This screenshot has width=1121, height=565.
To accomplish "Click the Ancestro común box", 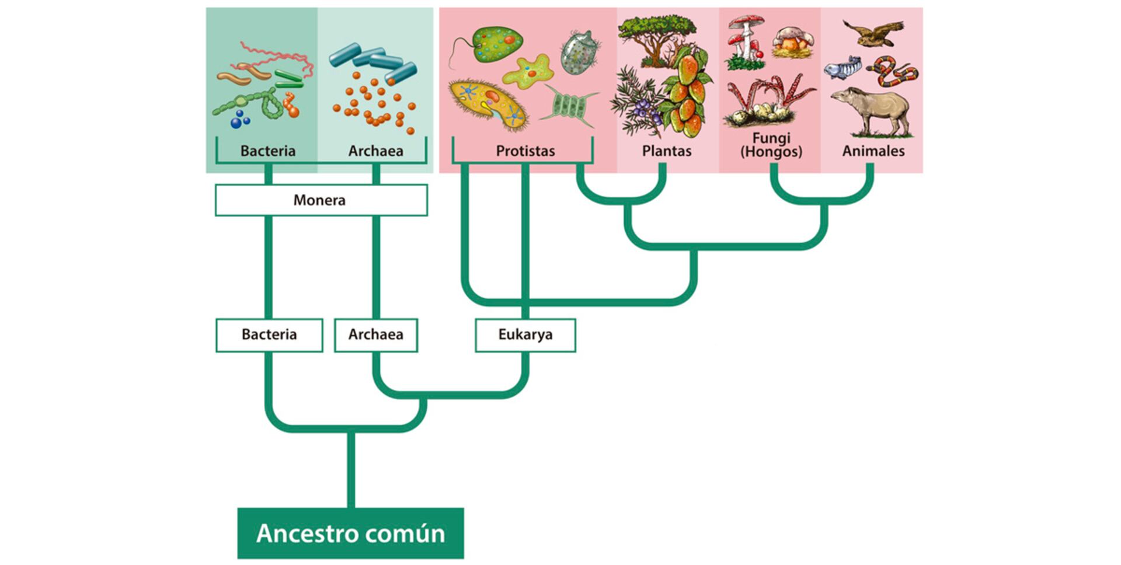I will point(350,533).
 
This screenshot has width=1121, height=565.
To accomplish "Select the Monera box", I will point(321,200).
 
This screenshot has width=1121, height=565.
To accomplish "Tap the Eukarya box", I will point(525,335).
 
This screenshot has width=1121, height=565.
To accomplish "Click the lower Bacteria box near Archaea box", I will point(269,335).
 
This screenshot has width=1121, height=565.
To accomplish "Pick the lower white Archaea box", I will point(375,335).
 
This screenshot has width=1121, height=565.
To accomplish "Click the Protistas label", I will point(525,151).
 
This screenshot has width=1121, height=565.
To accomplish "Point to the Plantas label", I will point(666,151).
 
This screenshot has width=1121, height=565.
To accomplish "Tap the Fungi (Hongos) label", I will point(771,145).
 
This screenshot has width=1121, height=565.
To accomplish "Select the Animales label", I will point(873,151).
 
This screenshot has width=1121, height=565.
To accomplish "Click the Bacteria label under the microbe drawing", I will point(268,151).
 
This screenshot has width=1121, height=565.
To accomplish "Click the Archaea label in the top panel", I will point(375,151).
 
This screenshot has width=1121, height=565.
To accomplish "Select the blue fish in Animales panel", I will point(843,68).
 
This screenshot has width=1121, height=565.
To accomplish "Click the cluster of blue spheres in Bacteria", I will point(239,120).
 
